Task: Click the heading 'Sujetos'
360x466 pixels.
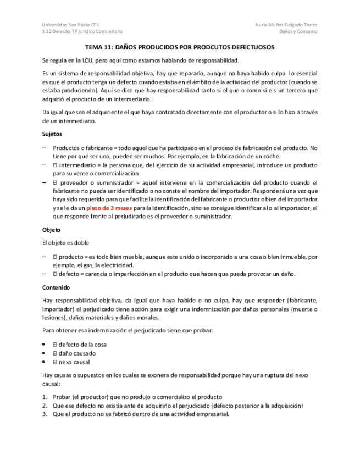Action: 52,134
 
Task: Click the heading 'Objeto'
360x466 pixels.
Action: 51,230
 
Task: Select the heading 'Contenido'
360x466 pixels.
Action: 56,287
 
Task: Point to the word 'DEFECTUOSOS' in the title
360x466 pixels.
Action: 248,48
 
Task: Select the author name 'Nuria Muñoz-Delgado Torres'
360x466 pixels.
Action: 286,24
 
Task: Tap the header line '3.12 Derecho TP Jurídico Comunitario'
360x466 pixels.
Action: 82,32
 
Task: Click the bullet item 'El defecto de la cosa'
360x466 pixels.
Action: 79,345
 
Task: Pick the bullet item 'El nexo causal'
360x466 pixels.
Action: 71,362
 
